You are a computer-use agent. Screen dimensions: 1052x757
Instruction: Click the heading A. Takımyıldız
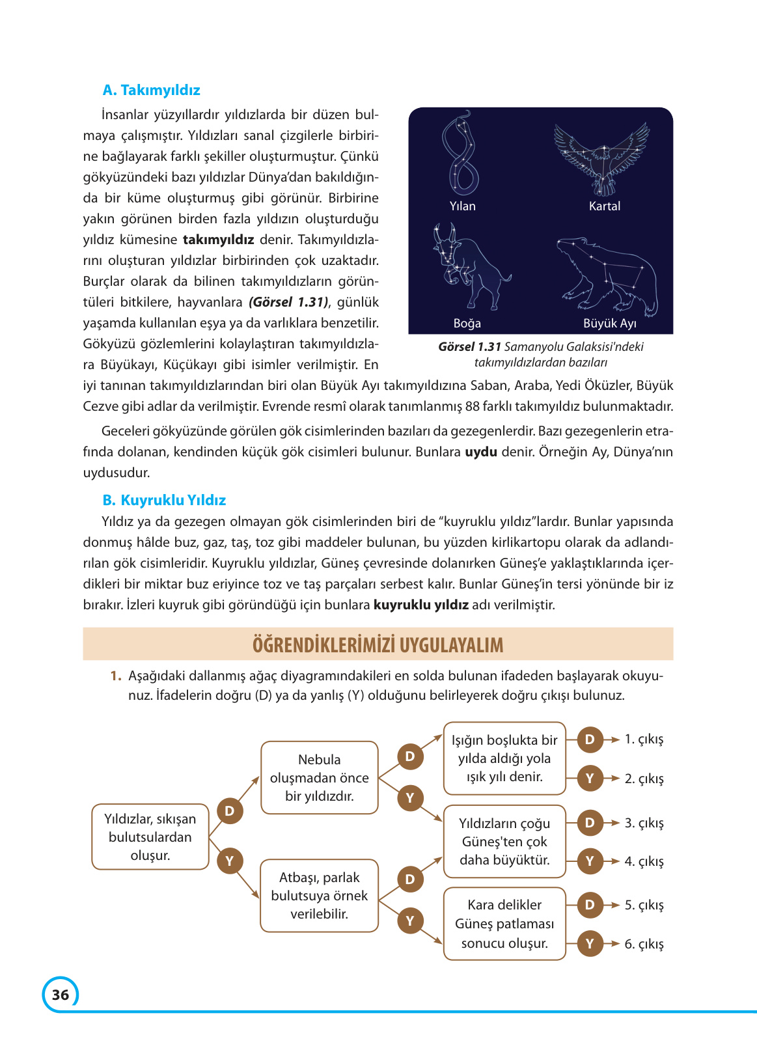tap(151, 90)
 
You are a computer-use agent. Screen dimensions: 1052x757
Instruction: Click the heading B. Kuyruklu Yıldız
tap(164, 500)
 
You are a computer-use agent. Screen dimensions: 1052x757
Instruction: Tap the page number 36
tap(61, 995)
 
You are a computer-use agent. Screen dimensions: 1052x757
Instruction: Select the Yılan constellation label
tap(462, 206)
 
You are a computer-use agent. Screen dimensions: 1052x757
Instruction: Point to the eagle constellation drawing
tap(603, 158)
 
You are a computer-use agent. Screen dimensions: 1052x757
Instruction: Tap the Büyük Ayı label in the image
tap(609, 324)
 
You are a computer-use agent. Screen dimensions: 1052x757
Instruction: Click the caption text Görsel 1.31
tap(469, 347)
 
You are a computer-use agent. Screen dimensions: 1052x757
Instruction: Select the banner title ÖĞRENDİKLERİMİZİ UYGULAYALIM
tap(378, 645)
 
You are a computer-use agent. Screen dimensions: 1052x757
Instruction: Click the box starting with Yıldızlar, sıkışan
tap(150, 837)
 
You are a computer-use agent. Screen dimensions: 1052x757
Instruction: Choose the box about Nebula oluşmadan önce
tap(319, 778)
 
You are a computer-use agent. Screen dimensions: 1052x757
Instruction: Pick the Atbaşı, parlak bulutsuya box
tap(319, 896)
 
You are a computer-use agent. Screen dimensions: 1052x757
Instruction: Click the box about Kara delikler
tap(504, 924)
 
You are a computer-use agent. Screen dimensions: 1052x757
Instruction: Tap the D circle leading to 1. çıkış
tap(590, 740)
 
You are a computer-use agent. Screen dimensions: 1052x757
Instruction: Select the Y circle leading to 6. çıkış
tap(590, 944)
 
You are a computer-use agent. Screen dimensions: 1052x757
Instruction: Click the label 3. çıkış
tap(644, 823)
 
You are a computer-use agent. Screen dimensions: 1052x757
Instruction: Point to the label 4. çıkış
tap(644, 861)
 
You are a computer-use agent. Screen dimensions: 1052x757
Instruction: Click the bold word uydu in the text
tap(480, 452)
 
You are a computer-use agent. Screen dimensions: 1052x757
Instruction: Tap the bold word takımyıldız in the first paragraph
tap(218, 240)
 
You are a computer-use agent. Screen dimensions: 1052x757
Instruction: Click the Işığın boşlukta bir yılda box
tap(504, 758)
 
